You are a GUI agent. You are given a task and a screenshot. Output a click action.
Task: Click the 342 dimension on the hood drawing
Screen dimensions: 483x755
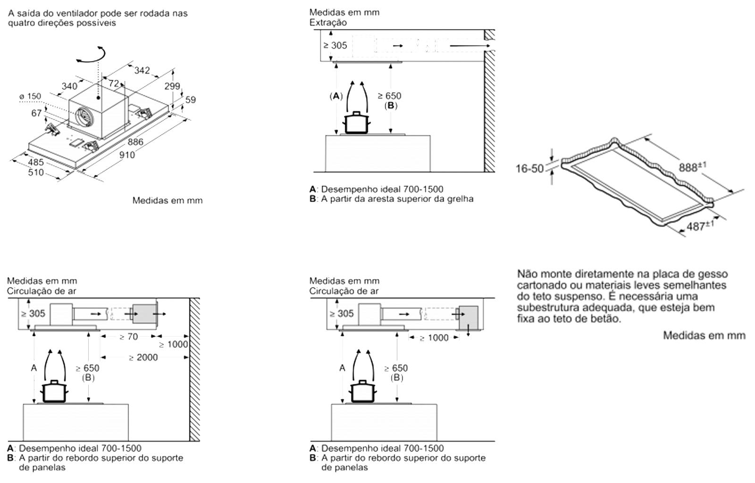click(142, 71)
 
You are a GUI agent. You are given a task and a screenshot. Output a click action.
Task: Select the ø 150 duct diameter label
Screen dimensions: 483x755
click(31, 96)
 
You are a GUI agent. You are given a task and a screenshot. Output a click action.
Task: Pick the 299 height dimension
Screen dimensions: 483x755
click(172, 86)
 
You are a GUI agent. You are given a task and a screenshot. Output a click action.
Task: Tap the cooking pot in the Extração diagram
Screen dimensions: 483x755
click(356, 123)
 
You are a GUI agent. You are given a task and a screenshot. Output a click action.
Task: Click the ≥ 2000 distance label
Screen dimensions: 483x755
click(143, 358)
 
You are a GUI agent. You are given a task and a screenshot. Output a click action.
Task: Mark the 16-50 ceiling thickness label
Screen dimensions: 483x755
click(529, 168)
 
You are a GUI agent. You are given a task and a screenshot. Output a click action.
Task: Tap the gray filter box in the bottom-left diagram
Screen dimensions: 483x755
click(144, 314)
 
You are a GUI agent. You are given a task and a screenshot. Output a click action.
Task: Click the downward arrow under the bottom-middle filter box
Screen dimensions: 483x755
click(468, 333)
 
